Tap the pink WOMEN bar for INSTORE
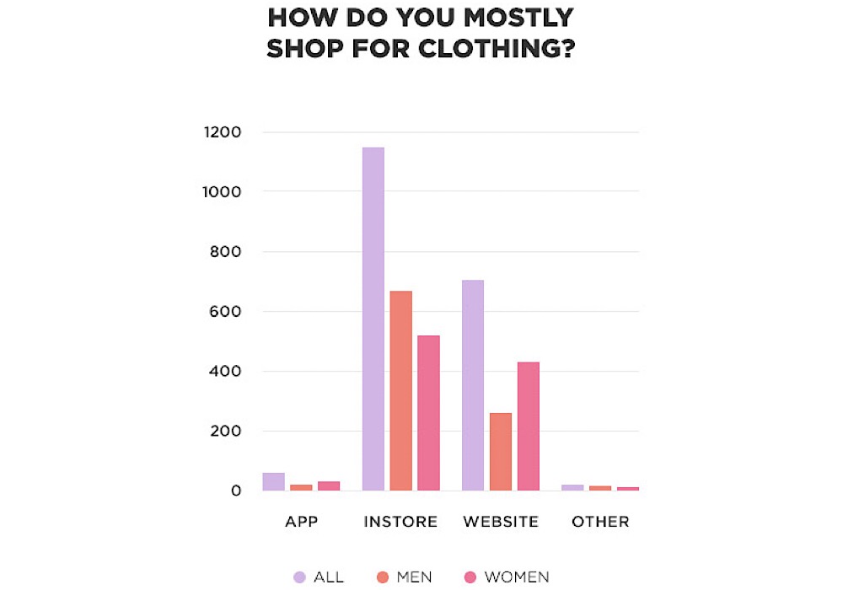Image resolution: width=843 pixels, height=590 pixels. tap(428, 412)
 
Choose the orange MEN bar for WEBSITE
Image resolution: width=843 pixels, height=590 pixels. tap(501, 451)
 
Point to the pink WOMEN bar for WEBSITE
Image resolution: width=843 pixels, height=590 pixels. tap(528, 426)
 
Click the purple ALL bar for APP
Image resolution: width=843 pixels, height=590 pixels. tap(274, 481)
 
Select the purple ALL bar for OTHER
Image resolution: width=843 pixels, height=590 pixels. tap(572, 487)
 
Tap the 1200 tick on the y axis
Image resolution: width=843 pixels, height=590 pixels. tap(223, 132)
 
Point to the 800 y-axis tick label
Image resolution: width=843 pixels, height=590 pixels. tap(226, 252)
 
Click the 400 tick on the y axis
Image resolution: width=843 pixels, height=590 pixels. tap(226, 372)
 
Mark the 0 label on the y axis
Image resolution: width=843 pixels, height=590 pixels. tap(236, 491)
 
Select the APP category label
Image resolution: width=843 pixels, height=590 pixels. tap(301, 522)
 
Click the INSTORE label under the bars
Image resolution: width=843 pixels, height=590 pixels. tap(400, 522)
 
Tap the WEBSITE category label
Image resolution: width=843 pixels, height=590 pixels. tap(501, 522)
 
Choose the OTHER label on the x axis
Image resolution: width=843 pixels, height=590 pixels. tap(600, 522)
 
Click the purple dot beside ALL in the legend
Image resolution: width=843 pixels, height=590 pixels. tap(298, 577)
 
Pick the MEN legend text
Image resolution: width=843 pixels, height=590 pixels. tap(414, 577)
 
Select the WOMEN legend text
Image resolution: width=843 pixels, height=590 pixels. tap(517, 577)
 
